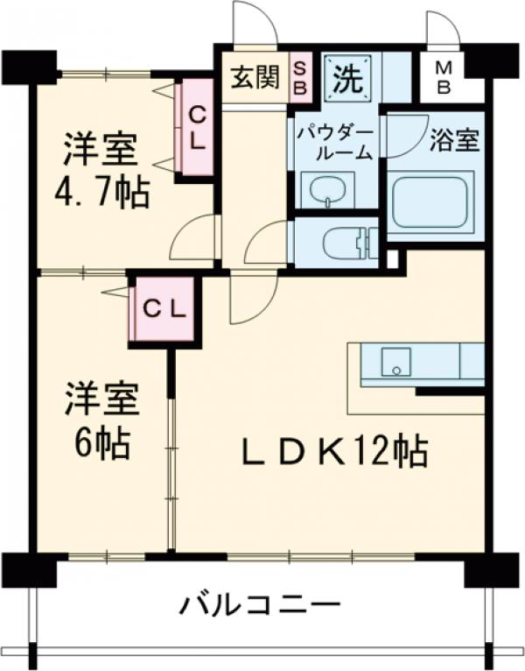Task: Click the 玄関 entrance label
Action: click(x=255, y=79)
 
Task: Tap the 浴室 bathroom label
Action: click(x=455, y=142)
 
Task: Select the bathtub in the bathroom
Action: click(x=432, y=201)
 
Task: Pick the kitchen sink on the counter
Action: click(x=395, y=360)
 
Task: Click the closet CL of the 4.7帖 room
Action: click(x=198, y=128)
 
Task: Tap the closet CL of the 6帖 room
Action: click(x=165, y=308)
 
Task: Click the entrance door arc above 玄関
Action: click(x=255, y=23)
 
